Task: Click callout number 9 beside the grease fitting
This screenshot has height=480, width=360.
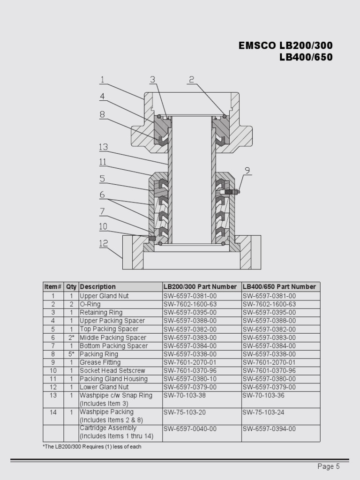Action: tap(247, 171)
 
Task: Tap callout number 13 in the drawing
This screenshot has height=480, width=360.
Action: tap(103, 147)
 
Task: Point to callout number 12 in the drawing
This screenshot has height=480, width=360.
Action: tap(103, 244)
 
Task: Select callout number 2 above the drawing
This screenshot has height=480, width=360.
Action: tap(191, 80)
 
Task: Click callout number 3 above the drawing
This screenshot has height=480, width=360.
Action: tap(153, 80)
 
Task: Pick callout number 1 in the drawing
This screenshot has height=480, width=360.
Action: tap(102, 80)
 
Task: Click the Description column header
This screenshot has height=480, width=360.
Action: tap(97, 287)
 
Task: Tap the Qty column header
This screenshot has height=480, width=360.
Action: tap(71, 287)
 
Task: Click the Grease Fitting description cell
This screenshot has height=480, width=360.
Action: tap(100, 362)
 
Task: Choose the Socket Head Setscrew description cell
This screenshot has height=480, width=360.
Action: tap(112, 371)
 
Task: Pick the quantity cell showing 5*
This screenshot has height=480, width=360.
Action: tap(71, 354)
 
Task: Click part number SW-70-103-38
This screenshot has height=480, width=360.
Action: tap(185, 396)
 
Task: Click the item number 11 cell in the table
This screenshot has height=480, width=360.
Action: tap(53, 379)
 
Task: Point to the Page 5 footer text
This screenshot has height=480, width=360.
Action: tap(328, 466)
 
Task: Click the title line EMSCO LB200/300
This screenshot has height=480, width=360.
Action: tap(285, 46)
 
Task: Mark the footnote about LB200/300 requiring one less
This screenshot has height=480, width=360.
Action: tap(92, 447)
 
